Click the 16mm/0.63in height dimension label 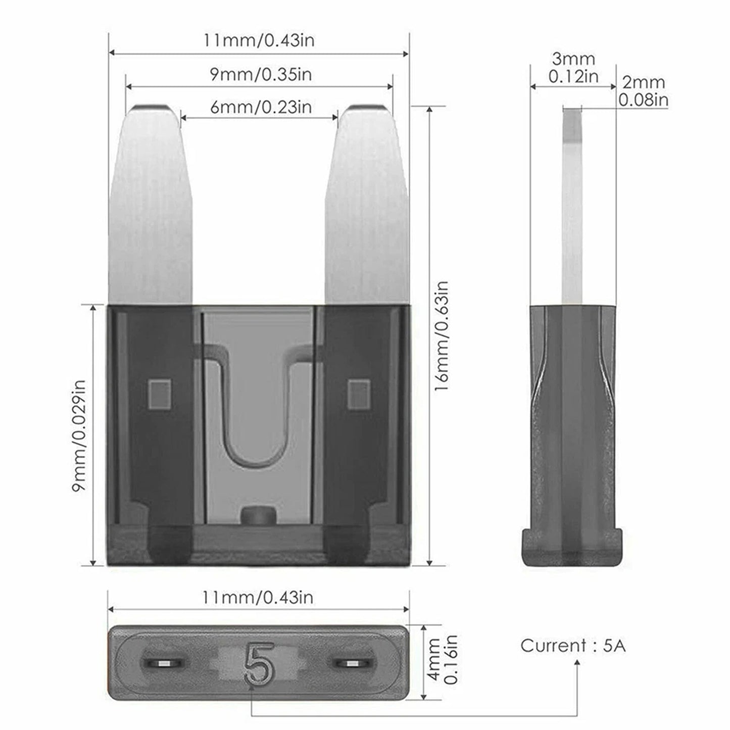(442, 336)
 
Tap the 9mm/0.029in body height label (79, 435)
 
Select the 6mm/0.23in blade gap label (261, 107)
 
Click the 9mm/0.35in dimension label (261, 74)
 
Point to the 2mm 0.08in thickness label (643, 91)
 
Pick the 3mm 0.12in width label (573, 68)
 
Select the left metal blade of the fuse (151, 205)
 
